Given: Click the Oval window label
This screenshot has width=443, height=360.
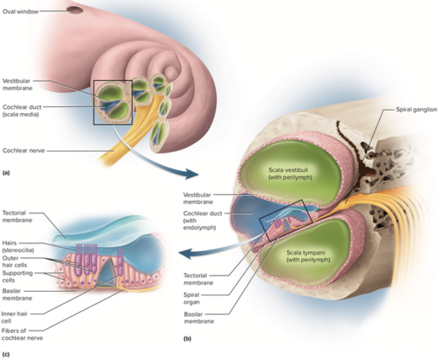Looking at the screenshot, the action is [x=20, y=12].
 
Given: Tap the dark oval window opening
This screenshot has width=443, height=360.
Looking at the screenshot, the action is [x=75, y=10].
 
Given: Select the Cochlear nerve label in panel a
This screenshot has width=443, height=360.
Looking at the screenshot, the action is [x=24, y=151].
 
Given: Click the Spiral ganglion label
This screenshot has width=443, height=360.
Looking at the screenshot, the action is [x=417, y=110].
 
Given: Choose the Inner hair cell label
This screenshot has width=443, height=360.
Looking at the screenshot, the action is [x=14, y=317].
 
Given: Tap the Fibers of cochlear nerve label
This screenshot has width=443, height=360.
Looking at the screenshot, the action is [x=22, y=335].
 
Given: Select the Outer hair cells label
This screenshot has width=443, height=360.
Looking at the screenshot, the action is [x=14, y=261].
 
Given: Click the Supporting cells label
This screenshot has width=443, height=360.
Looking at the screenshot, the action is [x=18, y=277].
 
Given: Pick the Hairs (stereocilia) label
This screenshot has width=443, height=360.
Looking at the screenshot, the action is [x=18, y=246].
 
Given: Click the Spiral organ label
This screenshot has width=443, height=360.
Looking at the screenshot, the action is [x=192, y=298].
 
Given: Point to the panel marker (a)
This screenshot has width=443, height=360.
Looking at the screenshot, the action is [x=6, y=173].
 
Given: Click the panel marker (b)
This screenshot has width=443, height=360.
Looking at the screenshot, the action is [x=187, y=339].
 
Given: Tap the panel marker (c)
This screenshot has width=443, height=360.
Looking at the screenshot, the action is [x=6, y=354].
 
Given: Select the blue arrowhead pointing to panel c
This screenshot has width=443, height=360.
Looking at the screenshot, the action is [x=187, y=253].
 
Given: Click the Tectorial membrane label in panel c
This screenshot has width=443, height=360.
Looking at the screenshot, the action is [x=17, y=217].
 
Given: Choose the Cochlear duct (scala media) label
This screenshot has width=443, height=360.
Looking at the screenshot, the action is [x=22, y=110].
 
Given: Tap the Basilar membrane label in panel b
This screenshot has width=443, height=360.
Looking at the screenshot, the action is [x=199, y=318].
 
